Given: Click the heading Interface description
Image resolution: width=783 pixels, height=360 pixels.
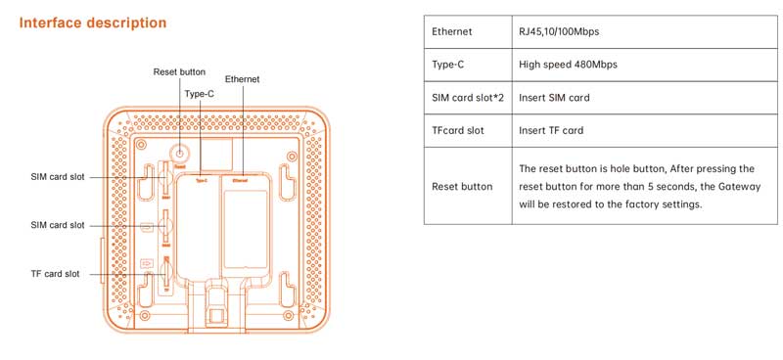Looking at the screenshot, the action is point(93,22).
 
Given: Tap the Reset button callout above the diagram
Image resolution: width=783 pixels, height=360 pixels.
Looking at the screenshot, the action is point(179,71).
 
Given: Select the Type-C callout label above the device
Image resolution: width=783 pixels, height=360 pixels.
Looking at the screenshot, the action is point(200,94).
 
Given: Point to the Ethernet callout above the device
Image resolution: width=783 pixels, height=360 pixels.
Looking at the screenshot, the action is point(242,78).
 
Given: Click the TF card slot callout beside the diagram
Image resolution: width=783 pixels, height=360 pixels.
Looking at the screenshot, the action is point(55,274).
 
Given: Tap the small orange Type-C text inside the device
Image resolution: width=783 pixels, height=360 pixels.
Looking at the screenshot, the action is point(201,180).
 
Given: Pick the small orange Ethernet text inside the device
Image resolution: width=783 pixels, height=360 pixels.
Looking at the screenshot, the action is point(240,180).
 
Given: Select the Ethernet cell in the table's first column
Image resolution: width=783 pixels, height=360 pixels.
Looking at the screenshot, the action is point(452,31).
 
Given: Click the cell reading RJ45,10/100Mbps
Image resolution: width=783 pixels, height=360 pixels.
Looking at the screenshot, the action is point(559,31).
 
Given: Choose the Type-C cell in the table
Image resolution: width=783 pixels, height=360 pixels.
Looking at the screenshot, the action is point(449,65).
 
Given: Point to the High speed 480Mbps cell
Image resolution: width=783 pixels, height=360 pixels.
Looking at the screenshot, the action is point(568,65).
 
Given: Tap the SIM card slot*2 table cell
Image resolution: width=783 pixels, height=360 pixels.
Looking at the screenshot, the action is point(467,98).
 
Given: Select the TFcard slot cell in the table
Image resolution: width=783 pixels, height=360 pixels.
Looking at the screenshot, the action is point(458,130).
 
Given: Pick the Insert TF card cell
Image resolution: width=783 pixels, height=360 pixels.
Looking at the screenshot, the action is point(551,130).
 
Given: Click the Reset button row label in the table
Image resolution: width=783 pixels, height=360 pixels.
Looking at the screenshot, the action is point(462,186).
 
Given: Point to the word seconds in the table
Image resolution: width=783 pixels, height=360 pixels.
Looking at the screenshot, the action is point(656,186).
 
